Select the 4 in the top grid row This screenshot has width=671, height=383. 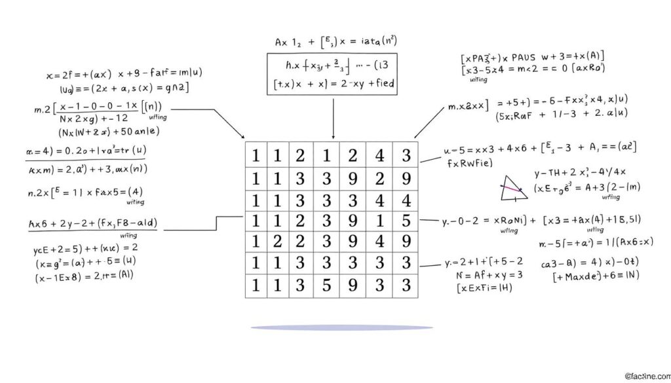380,155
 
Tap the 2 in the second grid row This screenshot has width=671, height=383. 380,178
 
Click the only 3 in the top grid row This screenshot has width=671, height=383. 406,155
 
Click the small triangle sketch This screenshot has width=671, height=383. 512,188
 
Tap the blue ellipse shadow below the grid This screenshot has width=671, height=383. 341,327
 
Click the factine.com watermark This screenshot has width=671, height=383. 645,376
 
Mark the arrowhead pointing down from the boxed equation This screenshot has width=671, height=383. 334,137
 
